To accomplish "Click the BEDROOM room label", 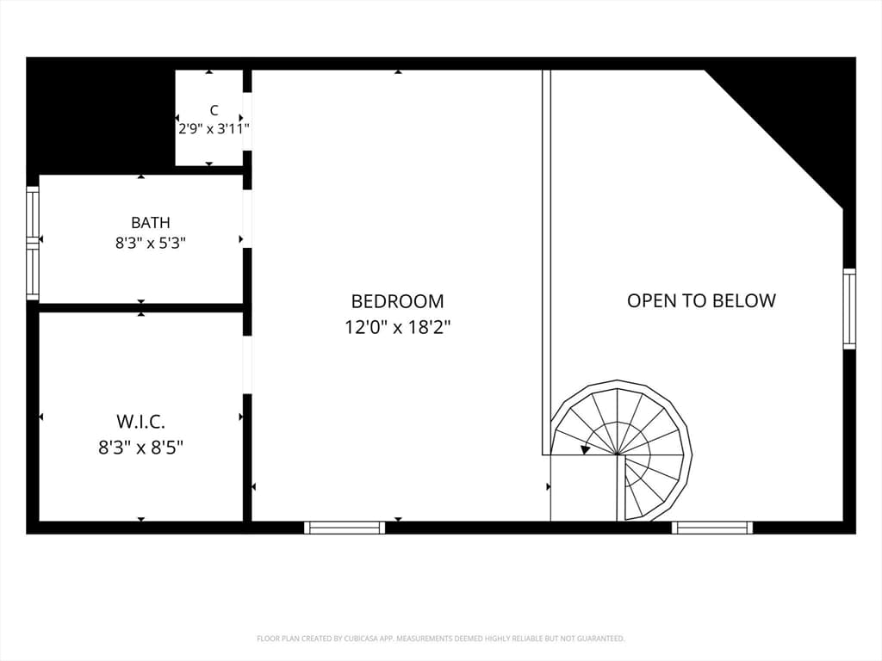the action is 397,301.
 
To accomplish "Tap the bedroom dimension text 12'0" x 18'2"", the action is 397,326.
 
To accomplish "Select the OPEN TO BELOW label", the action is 701,300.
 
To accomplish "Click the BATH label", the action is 151,223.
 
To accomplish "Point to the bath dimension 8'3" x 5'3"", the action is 151,244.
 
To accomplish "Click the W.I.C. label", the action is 140,421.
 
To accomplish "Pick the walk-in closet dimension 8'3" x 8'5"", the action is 140,448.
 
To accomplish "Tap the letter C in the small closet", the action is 214,110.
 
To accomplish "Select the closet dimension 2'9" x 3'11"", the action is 214,129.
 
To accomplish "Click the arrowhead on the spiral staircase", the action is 586,449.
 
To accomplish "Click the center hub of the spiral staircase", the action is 617,453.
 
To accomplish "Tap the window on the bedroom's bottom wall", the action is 345,528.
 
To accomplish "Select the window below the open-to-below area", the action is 712,528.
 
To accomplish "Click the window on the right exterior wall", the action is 849,309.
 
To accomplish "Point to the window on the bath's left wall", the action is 33,244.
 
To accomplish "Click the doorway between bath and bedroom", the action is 247,219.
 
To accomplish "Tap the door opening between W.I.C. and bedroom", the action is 247,365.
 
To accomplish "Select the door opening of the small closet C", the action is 247,121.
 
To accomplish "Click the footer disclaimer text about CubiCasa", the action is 440,639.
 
